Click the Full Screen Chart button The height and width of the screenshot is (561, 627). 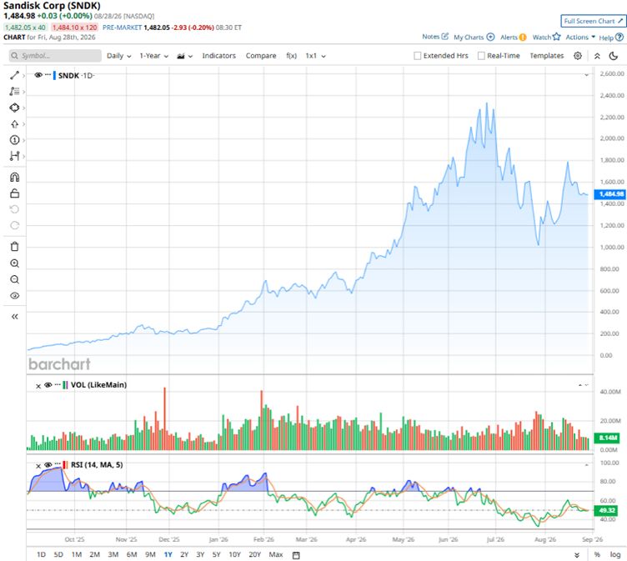click(x=594, y=21)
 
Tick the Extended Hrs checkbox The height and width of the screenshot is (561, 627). click(x=418, y=56)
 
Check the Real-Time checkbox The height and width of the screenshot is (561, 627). click(x=481, y=56)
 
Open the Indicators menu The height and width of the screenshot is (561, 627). click(x=218, y=56)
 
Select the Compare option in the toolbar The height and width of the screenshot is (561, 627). click(x=261, y=56)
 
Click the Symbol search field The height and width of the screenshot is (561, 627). click(x=55, y=56)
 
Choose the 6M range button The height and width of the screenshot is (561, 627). click(x=132, y=554)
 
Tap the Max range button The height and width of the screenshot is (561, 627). click(x=276, y=554)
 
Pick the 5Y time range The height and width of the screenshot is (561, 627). click(x=216, y=554)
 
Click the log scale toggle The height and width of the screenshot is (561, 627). click(x=615, y=554)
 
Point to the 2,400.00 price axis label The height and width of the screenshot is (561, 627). click(x=612, y=96)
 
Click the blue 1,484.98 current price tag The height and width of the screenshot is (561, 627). click(x=610, y=194)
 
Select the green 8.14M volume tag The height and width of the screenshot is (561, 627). click(x=607, y=438)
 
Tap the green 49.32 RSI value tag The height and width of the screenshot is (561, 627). click(x=607, y=510)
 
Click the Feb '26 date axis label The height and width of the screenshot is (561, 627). click(x=264, y=539)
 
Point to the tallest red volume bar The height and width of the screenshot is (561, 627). click(x=164, y=418)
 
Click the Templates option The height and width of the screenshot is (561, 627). click(x=547, y=56)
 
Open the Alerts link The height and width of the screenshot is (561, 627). click(x=514, y=38)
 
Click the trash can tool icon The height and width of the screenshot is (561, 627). click(x=15, y=247)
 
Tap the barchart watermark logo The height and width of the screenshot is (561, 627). click(x=59, y=364)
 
